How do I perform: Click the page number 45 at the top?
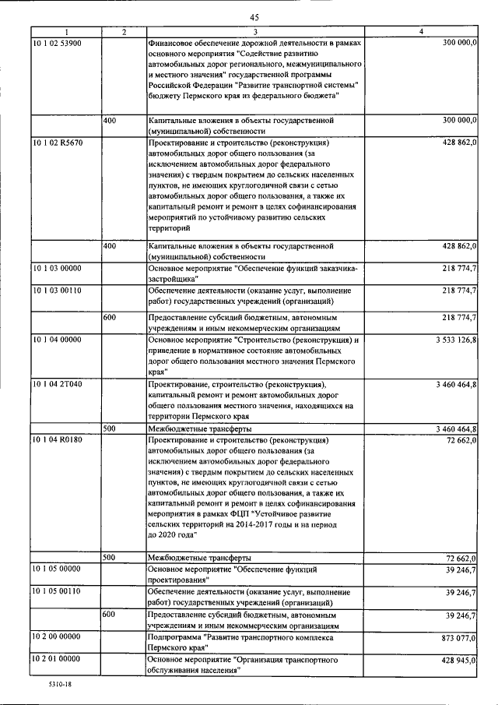(254, 16)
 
